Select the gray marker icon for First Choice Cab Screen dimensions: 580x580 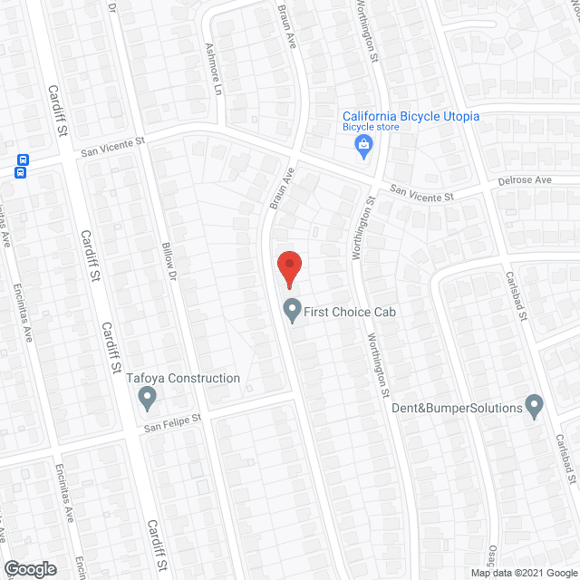pyautogui.click(x=292, y=311)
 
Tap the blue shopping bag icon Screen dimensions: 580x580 pyautogui.click(x=363, y=146)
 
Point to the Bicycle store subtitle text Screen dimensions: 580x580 pyautogui.click(x=371, y=128)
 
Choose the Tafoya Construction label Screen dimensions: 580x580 pyautogui.click(x=183, y=379)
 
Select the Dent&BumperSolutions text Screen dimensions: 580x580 pyautogui.click(x=457, y=408)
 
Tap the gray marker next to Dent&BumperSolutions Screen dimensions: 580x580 pyautogui.click(x=535, y=407)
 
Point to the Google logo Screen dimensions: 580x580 pyautogui.click(x=29, y=569)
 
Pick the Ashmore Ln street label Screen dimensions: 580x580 pyautogui.click(x=215, y=70)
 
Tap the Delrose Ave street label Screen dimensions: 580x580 pyautogui.click(x=525, y=180)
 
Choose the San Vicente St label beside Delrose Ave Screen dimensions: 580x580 pyautogui.click(x=421, y=193)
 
